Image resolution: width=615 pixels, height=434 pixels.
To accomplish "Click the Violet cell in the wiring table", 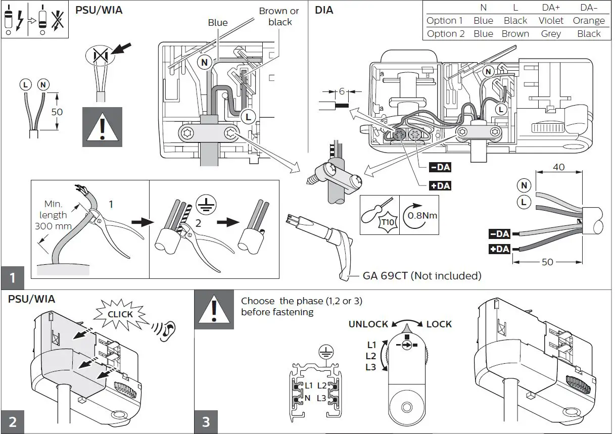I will pyautogui.click(x=550, y=21).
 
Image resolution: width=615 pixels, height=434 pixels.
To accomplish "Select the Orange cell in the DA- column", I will pyautogui.click(x=589, y=21).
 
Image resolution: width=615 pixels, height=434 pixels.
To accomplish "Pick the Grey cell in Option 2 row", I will pyautogui.click(x=550, y=34).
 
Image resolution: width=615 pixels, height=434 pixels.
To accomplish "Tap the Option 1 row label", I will pyautogui.click(x=445, y=21).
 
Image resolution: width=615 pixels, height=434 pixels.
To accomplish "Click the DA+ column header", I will pyautogui.click(x=550, y=8).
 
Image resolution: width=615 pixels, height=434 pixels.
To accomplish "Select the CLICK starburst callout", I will pyautogui.click(x=120, y=314).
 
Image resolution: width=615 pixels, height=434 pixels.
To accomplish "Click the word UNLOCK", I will pyautogui.click(x=368, y=324).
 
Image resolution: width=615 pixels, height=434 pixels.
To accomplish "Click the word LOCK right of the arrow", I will pyautogui.click(x=439, y=324).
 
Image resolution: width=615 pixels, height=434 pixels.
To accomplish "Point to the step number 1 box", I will pyautogui.click(x=13, y=278).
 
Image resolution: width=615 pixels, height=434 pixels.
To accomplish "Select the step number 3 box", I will pyautogui.click(x=206, y=421).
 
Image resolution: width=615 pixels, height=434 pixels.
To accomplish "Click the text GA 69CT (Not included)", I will pyautogui.click(x=421, y=276).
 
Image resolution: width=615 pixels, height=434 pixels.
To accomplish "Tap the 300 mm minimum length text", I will pyautogui.click(x=54, y=226).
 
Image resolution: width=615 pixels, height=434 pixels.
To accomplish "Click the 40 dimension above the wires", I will pyautogui.click(x=558, y=167).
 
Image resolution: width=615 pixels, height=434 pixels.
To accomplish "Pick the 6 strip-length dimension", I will pyautogui.click(x=342, y=91).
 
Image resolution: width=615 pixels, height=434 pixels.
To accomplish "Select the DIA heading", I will pyautogui.click(x=324, y=10).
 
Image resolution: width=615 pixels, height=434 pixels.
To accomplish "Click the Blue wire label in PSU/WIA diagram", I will pyautogui.click(x=217, y=23).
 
